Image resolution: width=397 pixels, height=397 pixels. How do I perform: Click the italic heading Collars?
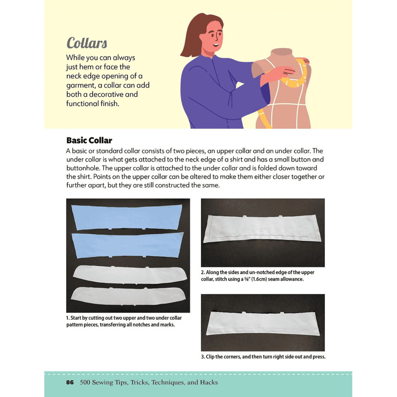coord(86,43)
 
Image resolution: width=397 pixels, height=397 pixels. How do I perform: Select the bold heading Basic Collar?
coord(89,140)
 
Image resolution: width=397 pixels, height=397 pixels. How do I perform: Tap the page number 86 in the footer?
coord(70,383)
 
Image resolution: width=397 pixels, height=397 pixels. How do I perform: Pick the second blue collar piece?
coord(127,245)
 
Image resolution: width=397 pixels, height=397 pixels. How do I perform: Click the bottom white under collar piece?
coord(128,296)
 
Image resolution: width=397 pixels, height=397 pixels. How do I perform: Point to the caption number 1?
coord(67,318)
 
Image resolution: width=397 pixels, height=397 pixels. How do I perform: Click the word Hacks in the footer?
coord(209,383)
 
